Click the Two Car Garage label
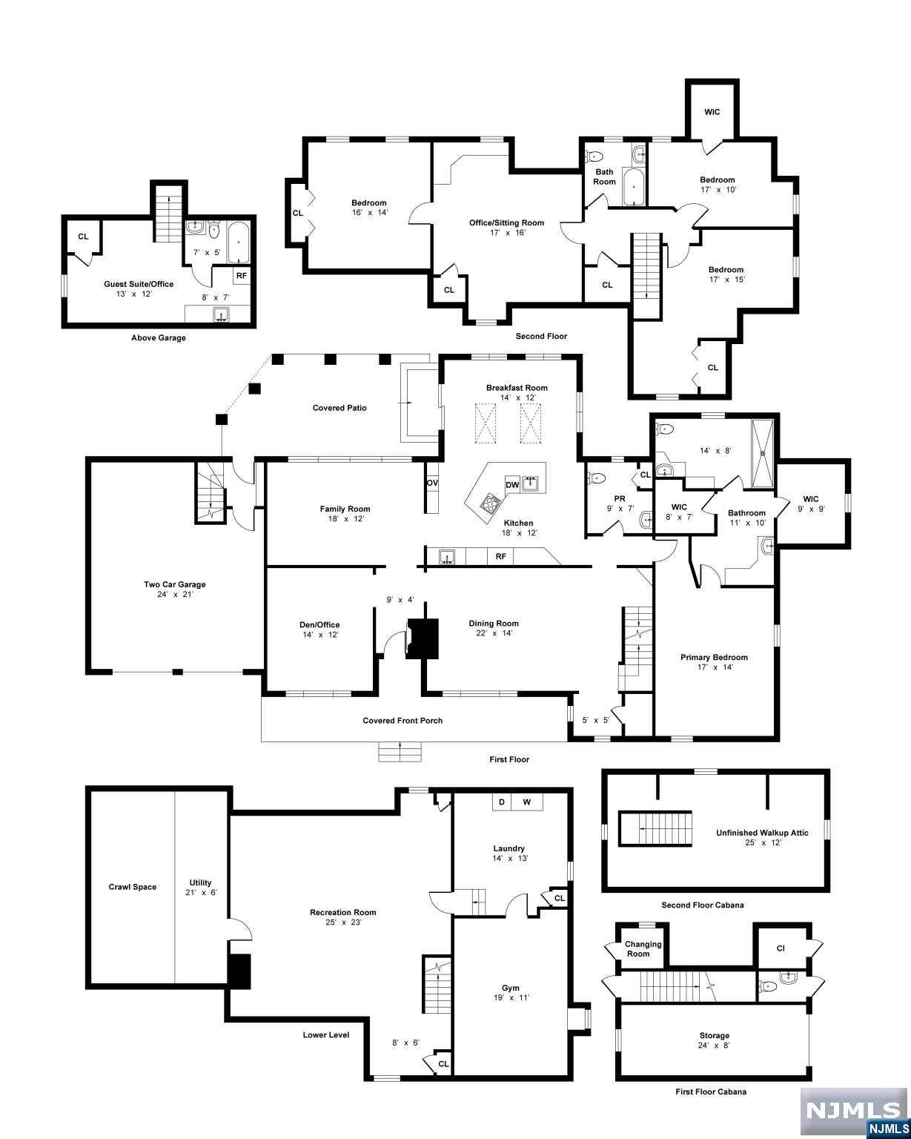coord(174,584)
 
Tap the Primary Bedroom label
coord(714,657)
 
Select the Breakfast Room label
coord(517,388)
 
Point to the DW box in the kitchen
coord(511,485)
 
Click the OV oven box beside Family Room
coord(432,483)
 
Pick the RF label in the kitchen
coord(500,556)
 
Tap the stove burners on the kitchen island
coord(490,504)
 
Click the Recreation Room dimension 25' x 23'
coord(342,922)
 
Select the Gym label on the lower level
coord(510,988)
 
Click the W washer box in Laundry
coord(526,802)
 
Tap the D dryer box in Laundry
coord(501,802)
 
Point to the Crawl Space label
coord(133,887)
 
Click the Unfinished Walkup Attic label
coord(762,833)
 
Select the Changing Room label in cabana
coord(643,948)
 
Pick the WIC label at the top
coord(712,112)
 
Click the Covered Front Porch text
coord(403,720)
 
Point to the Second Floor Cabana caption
coord(702,905)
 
